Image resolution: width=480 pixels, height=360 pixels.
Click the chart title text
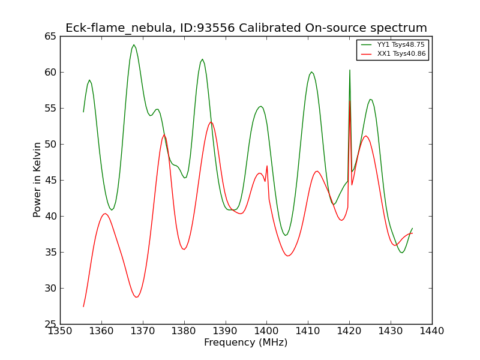(x=246, y=28)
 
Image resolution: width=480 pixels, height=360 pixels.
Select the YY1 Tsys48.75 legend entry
(x=393, y=44)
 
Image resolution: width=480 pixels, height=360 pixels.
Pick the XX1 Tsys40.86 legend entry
(x=394, y=54)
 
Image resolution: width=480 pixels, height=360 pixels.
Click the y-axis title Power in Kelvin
(x=37, y=179)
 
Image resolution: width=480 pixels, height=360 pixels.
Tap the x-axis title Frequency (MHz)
(x=246, y=342)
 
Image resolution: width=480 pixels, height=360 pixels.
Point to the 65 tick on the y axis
(x=50, y=37)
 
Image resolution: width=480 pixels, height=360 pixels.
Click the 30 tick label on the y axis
(x=50, y=289)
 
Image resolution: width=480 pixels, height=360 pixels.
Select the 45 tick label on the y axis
(x=50, y=181)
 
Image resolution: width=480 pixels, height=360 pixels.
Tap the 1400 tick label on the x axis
(x=266, y=331)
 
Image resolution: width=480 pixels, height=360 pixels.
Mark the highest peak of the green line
(x=134, y=44)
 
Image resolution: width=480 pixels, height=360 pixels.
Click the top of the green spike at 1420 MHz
(x=350, y=70)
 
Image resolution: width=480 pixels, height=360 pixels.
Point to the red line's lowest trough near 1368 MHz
(x=137, y=297)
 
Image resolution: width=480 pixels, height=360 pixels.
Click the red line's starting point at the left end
(x=83, y=307)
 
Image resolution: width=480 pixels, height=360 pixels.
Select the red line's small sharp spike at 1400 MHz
(x=267, y=166)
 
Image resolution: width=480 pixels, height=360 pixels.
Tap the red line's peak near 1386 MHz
(x=211, y=122)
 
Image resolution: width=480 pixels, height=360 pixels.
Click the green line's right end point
(x=412, y=229)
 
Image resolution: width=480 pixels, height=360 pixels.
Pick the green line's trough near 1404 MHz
(x=286, y=235)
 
